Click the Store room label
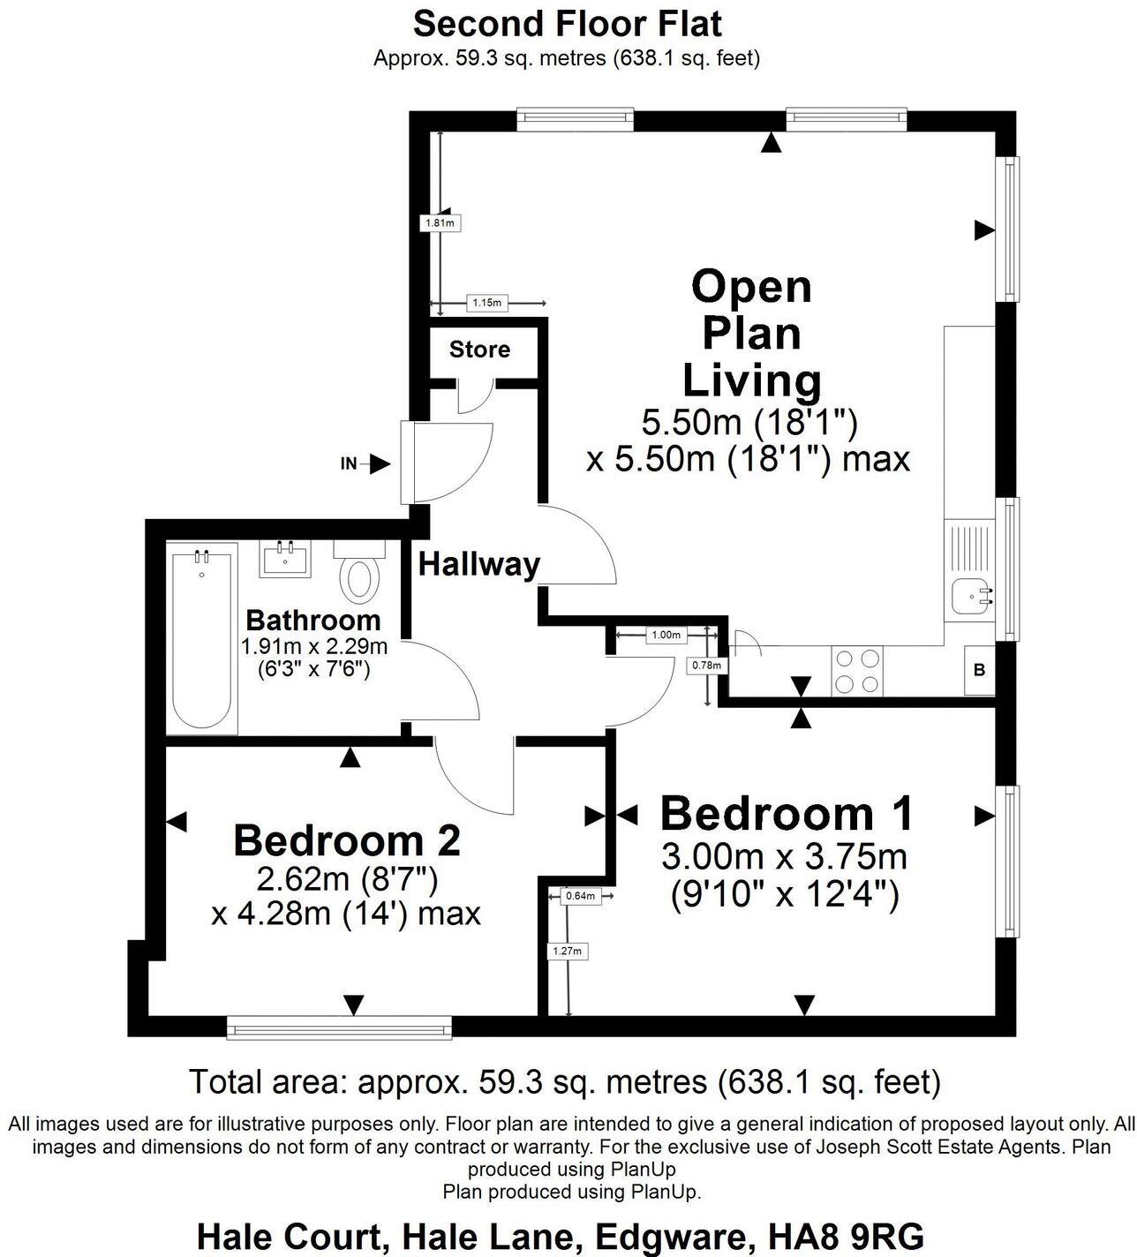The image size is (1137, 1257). click(479, 350)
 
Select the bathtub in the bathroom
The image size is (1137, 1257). click(203, 638)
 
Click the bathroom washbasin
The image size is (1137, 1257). click(285, 560)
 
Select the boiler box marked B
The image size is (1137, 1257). click(979, 670)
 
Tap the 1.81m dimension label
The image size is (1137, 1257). click(440, 223)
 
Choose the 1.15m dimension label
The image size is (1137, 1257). click(486, 303)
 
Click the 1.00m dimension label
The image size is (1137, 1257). click(666, 635)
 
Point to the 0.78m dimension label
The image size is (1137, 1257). click(706, 665)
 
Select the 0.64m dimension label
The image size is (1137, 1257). click(580, 896)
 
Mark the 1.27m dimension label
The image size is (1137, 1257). click(568, 951)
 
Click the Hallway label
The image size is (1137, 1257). click(478, 564)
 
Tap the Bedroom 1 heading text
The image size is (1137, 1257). click(787, 813)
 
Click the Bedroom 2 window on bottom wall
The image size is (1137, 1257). click(339, 1027)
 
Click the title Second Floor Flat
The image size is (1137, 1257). click(568, 24)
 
